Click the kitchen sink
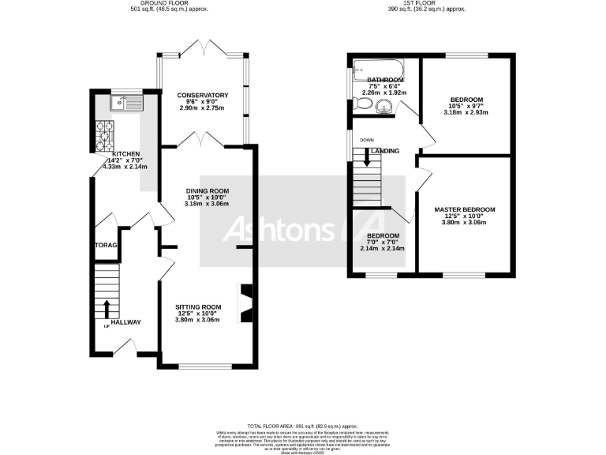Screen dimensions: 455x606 click(126, 101)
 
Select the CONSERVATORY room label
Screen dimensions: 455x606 click(202, 96)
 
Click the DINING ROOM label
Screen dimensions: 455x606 click(207, 190)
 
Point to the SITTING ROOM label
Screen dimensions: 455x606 click(198, 306)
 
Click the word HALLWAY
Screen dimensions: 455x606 click(125, 322)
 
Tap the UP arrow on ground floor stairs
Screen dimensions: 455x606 click(107, 307)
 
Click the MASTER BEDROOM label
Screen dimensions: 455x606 click(465, 209)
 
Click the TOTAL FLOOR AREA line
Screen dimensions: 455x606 click(302, 425)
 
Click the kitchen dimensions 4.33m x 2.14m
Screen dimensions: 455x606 click(125, 167)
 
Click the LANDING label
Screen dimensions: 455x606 click(385, 151)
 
